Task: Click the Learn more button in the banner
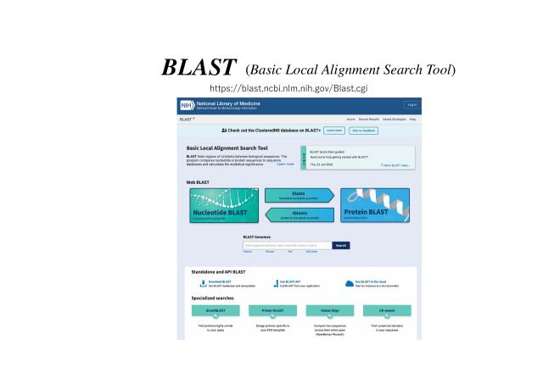pyautogui.click(x=333, y=131)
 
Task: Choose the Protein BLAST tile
pyautogui.click(x=374, y=206)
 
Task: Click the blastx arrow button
pyautogui.click(x=299, y=195)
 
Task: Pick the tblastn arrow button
pyautogui.click(x=299, y=215)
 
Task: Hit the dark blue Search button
pyautogui.click(x=341, y=245)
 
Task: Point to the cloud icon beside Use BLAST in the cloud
pyautogui.click(x=349, y=284)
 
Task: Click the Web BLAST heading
pyautogui.click(x=199, y=182)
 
